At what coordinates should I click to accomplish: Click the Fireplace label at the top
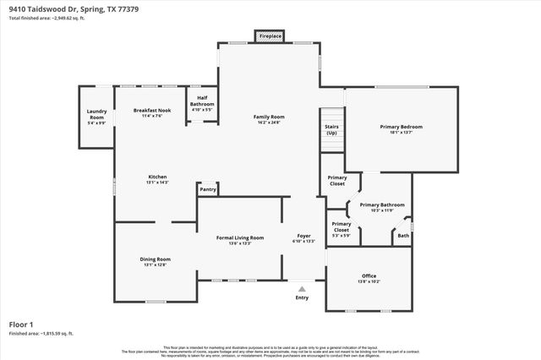pyautogui.click(x=270, y=37)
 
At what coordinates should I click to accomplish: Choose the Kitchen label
pyautogui.click(x=157, y=177)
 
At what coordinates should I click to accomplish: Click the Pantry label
pyautogui.click(x=208, y=189)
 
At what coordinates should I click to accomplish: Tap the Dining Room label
pyautogui.click(x=156, y=259)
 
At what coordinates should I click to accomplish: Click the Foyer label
pyautogui.click(x=303, y=235)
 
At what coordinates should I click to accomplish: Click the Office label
pyautogui.click(x=369, y=275)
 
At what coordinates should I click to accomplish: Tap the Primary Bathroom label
pyautogui.click(x=382, y=205)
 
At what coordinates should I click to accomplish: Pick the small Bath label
pyautogui.click(x=404, y=236)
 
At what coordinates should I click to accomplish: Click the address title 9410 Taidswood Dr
pyautogui.click(x=63, y=8)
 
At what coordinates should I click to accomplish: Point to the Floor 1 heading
pyautogui.click(x=22, y=324)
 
